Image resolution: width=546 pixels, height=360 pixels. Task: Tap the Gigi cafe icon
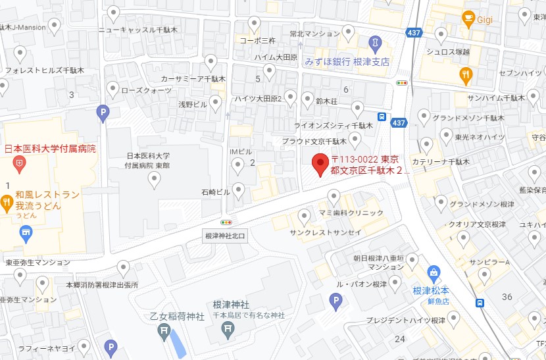469,16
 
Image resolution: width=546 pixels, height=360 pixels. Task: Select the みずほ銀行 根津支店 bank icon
375,43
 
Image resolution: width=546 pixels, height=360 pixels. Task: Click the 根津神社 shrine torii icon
228,328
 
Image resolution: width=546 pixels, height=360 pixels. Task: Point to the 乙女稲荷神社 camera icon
166,330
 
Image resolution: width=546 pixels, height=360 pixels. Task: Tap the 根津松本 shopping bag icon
434,271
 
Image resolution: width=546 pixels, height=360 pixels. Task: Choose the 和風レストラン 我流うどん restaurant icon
7,201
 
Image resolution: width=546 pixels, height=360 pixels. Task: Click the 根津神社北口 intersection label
225,236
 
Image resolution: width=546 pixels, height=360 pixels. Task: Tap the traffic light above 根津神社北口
227,222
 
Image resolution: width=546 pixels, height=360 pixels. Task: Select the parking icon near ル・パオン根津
335,301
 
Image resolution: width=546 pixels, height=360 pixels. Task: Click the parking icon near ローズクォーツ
102,113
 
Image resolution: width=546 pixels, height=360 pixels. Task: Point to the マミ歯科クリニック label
351,213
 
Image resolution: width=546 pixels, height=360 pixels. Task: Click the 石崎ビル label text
216,192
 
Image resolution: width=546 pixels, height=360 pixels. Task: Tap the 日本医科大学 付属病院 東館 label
149,161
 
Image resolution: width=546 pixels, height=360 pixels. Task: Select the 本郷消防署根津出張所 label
102,285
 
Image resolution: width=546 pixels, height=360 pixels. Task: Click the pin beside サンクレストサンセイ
304,216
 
